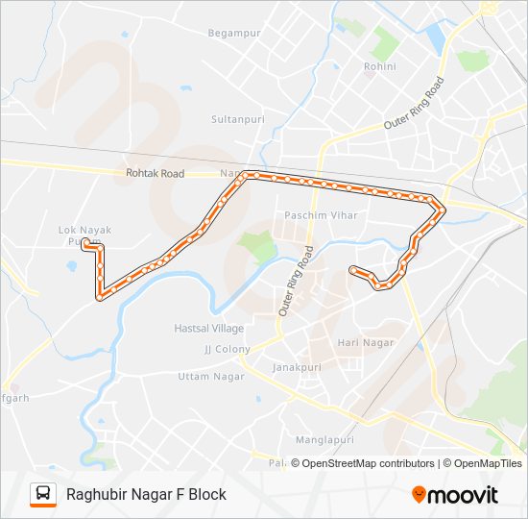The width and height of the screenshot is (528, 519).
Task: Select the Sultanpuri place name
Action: pos(234,119)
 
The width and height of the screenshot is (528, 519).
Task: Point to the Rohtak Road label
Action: pos(154,174)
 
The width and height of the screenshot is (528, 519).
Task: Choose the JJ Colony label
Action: pos(227,349)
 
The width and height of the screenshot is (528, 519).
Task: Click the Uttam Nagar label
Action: pos(206,376)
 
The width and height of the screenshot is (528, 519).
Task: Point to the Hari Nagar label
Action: pos(360,342)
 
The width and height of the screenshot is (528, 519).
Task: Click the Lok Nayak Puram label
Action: pos(80,236)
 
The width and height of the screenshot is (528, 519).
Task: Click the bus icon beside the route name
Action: pos(43,494)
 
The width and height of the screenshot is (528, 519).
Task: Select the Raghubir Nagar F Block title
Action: pos(146,494)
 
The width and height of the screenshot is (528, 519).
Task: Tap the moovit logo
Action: pos(455,494)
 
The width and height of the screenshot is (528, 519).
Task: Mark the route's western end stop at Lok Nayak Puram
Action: pos(85,244)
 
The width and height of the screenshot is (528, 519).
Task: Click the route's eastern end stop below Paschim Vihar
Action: pos(354,269)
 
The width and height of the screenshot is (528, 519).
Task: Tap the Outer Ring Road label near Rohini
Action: pos(415,104)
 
